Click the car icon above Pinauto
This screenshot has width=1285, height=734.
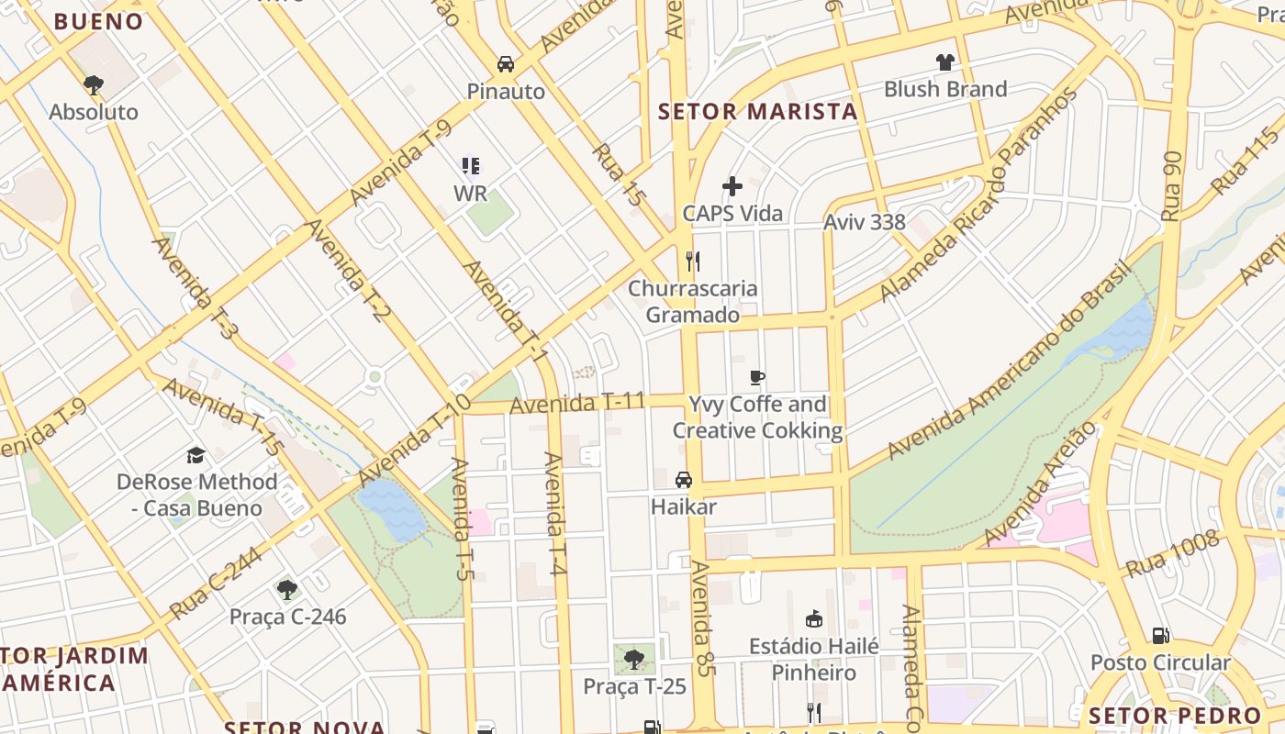pos(505,63)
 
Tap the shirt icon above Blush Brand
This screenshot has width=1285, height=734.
pos(945,62)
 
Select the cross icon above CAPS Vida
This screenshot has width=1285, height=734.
pos(732,187)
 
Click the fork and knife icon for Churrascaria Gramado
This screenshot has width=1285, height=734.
pos(693,261)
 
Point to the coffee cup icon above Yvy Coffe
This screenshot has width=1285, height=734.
pos(757,377)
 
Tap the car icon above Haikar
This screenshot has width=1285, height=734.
pos(684,480)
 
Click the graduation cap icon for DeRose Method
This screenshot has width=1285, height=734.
pos(196,455)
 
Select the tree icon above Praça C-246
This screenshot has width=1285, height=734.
pos(287,589)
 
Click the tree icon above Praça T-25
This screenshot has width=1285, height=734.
pos(633,659)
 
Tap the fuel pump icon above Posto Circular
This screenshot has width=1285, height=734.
pos(1160,635)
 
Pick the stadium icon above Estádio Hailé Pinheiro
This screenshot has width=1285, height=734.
pos(813,619)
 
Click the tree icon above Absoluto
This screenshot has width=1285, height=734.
pos(93,85)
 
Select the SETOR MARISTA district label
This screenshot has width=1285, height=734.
pos(758,112)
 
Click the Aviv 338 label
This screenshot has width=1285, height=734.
pos(864,222)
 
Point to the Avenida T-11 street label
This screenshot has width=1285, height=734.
pos(577,403)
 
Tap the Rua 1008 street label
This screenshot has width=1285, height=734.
pos(1172,554)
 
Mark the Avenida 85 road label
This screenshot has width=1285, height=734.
pos(703,618)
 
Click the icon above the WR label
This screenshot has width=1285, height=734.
pos(471,166)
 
